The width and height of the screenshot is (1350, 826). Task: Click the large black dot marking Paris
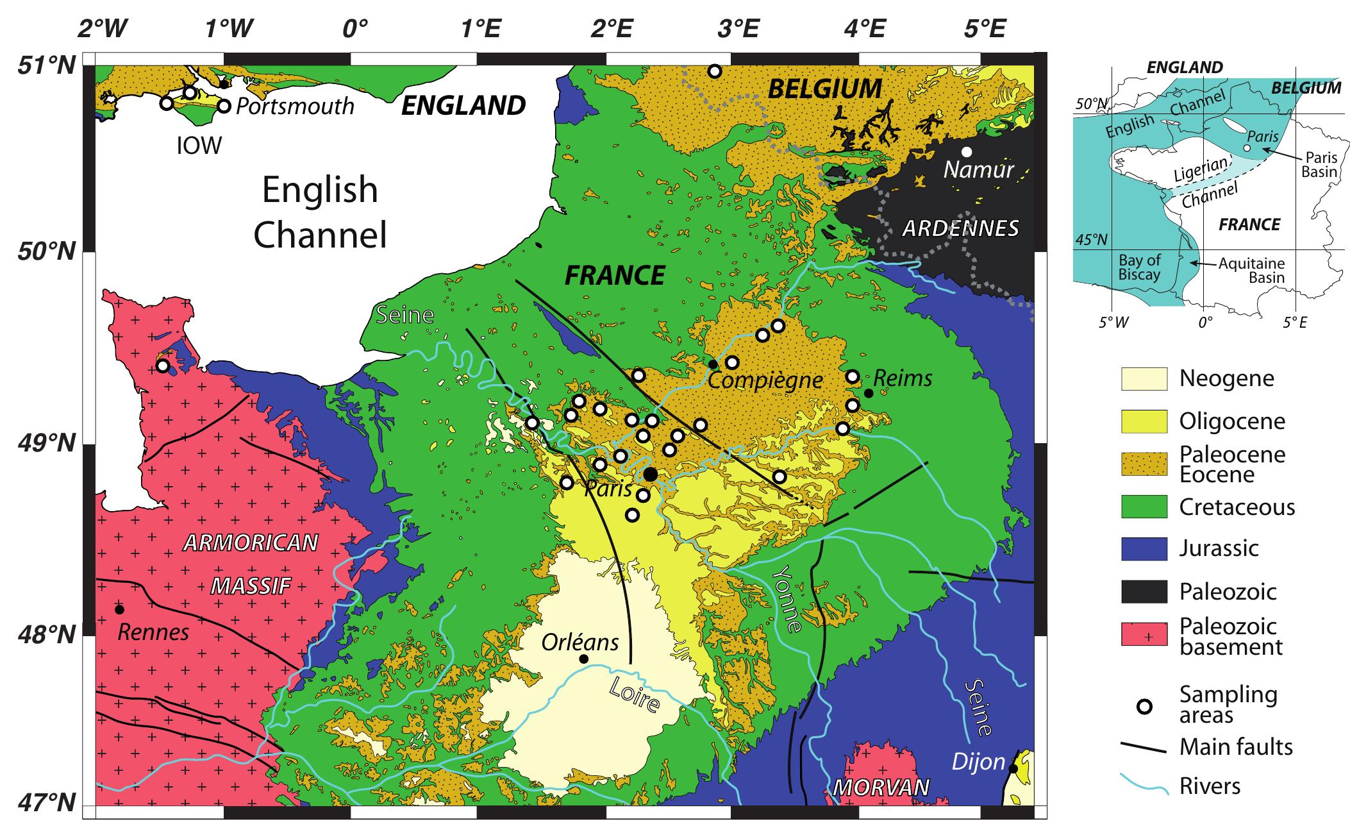(x=650, y=475)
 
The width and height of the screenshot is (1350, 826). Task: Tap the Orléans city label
(x=580, y=642)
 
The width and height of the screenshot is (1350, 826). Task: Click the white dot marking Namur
(x=967, y=152)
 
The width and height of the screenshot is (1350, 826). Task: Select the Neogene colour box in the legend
(x=1144, y=378)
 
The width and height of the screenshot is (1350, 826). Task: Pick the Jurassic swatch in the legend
(x=1144, y=548)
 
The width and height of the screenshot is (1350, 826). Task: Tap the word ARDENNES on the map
(x=960, y=228)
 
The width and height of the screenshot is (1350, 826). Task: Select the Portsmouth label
(x=295, y=106)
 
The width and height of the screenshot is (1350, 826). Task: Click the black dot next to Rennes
(x=120, y=609)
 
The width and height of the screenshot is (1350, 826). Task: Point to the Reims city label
(x=903, y=378)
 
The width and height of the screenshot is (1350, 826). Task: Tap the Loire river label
(x=634, y=695)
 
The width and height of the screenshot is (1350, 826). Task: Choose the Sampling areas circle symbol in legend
(x=1144, y=707)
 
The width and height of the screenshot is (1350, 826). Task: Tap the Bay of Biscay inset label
(x=1139, y=267)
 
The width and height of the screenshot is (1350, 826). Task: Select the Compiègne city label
(x=765, y=380)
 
